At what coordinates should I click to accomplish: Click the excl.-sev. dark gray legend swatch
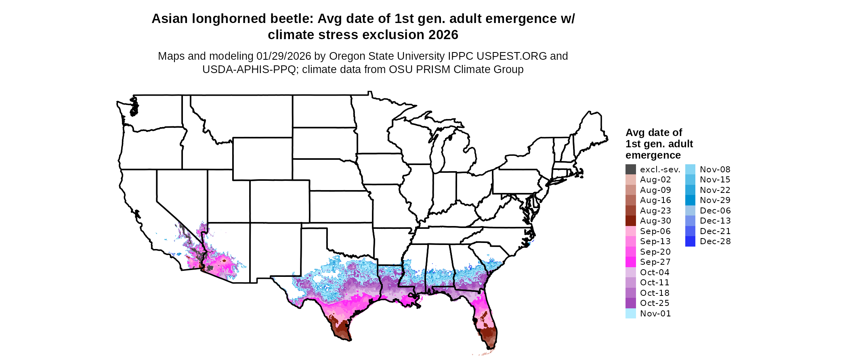630,170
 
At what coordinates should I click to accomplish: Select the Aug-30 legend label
655,221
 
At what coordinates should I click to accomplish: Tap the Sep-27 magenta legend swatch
630,262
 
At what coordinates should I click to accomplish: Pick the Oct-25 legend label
655,303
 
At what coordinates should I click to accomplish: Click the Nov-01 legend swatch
630,314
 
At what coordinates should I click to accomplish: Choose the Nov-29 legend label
715,200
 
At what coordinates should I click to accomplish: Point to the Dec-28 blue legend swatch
690,241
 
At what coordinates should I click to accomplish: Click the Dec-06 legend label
715,211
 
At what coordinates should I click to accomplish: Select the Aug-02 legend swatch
630,180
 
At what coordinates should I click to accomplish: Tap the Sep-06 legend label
655,231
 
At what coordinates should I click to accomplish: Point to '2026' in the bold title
443,35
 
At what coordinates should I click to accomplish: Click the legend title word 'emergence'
653,155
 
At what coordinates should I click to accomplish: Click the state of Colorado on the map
280,201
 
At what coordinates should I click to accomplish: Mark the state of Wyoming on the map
262,159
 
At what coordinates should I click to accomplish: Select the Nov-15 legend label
715,180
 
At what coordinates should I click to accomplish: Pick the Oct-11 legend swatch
630,283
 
